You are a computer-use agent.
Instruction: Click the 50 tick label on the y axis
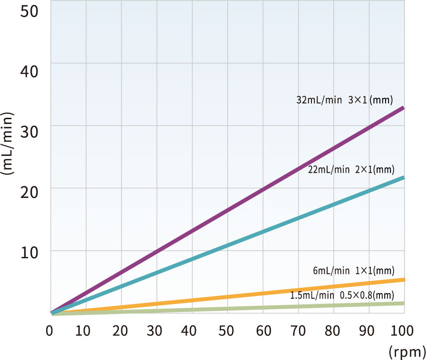point(29,11)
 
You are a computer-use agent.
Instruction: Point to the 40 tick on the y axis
point(29,72)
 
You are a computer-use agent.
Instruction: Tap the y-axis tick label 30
point(29,132)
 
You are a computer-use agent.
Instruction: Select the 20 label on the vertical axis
point(29,192)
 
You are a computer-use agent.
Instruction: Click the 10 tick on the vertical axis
point(29,253)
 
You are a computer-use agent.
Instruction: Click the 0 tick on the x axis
point(49,331)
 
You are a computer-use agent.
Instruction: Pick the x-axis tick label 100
point(402,331)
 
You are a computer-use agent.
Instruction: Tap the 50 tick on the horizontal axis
point(226,331)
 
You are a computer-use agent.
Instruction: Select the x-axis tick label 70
point(298,331)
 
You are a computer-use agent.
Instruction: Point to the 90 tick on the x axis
point(367,331)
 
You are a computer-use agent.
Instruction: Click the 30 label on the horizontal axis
point(155,331)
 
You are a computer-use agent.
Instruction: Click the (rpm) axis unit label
point(407,352)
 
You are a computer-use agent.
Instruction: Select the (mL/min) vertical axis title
point(7,143)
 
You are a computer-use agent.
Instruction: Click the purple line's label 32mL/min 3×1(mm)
point(345,100)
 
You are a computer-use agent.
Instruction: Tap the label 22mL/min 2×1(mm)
point(351,170)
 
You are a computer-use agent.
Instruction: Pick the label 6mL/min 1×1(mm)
point(353,271)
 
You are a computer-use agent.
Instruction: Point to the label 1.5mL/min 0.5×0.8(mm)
point(342,295)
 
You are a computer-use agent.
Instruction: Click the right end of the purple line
point(404,108)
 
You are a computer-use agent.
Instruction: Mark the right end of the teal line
point(404,178)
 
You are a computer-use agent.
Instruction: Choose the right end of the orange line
point(405,280)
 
